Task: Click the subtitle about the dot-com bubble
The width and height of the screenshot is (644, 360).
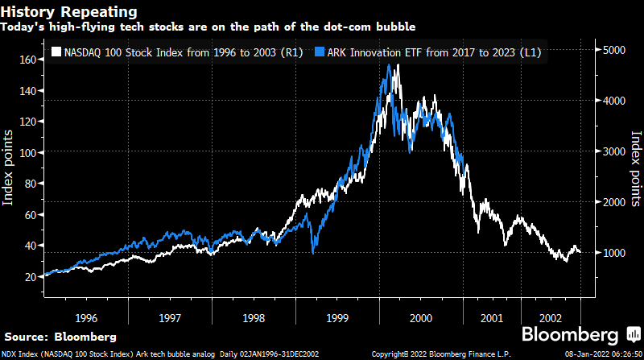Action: pos(208,27)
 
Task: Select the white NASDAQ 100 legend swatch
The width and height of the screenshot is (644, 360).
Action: pos(55,52)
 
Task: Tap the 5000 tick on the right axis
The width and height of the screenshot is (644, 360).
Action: pos(615,50)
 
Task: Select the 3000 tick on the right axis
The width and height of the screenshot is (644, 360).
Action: pos(615,151)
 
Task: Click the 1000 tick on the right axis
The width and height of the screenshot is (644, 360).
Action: pos(615,253)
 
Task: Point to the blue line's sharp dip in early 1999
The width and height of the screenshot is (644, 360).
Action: pos(313,252)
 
